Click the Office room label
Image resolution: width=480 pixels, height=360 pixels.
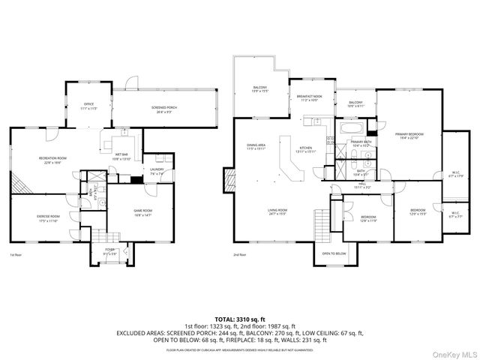click(88, 106)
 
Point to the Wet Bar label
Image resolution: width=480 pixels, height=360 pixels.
click(121, 157)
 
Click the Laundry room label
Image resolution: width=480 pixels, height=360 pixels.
click(157, 170)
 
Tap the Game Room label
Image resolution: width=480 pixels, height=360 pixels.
click(142, 212)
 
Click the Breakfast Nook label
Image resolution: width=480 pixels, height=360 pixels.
click(309, 97)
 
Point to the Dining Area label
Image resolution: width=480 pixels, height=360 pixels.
click(256, 147)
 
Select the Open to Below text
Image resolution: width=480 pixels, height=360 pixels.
click(334, 253)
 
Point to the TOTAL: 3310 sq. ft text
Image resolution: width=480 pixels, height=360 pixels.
click(239, 319)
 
